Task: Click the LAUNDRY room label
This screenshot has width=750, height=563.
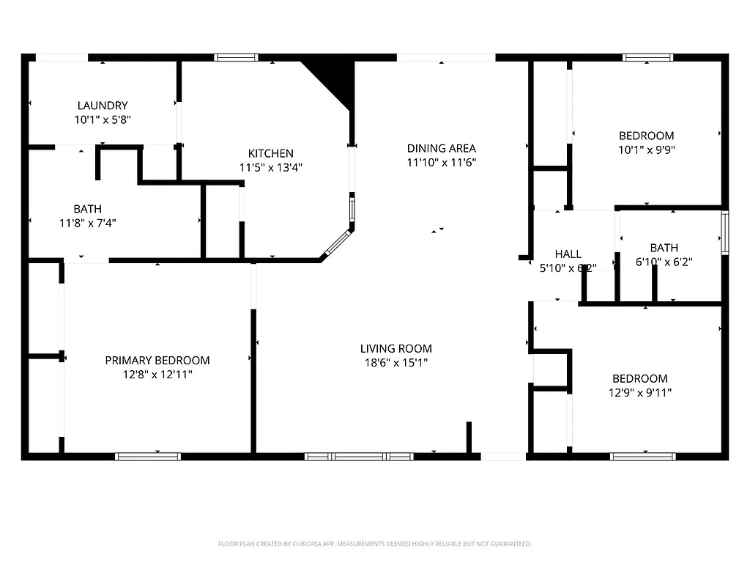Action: (103, 106)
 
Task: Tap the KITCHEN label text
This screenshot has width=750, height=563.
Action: (270, 153)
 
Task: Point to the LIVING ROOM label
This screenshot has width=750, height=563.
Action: (396, 349)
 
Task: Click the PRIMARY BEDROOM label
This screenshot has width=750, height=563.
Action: (157, 360)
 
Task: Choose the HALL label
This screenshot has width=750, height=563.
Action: (568, 254)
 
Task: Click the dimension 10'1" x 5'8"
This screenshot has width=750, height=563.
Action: (103, 119)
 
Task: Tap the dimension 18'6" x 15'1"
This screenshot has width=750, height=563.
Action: (396, 362)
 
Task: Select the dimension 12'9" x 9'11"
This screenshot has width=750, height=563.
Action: (639, 392)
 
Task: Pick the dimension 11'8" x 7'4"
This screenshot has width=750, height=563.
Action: (88, 223)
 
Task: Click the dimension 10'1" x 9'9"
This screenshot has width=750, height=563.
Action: (646, 150)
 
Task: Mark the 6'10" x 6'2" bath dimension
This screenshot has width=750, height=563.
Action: (664, 261)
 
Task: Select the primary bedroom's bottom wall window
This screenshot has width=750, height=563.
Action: (148, 456)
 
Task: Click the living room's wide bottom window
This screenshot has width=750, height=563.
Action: (359, 456)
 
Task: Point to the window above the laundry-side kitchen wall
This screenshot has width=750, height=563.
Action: (236, 57)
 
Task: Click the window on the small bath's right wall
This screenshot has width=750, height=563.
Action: (724, 233)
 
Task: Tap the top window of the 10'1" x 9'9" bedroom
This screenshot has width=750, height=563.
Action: (647, 57)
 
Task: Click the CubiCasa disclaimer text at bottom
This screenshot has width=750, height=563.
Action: (375, 544)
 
